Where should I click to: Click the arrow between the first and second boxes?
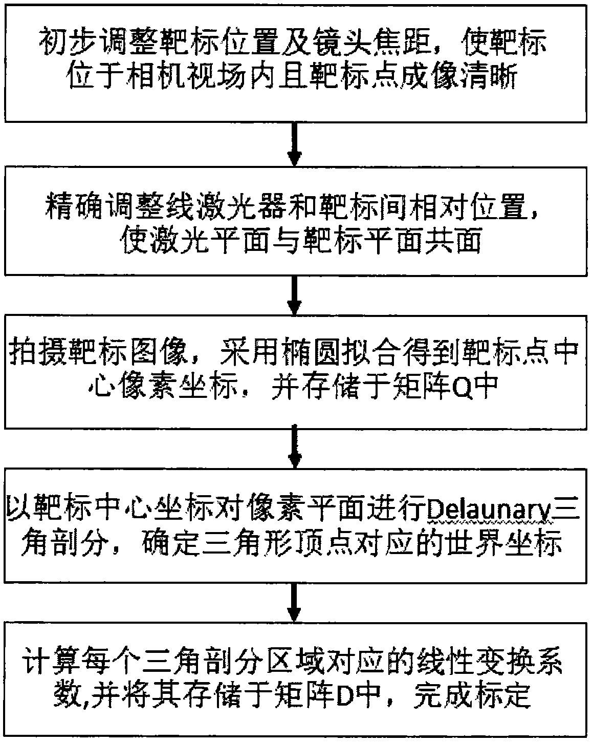coord(295,144)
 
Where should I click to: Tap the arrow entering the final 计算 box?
coord(295,603)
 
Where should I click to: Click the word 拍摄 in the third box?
coord(38,351)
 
